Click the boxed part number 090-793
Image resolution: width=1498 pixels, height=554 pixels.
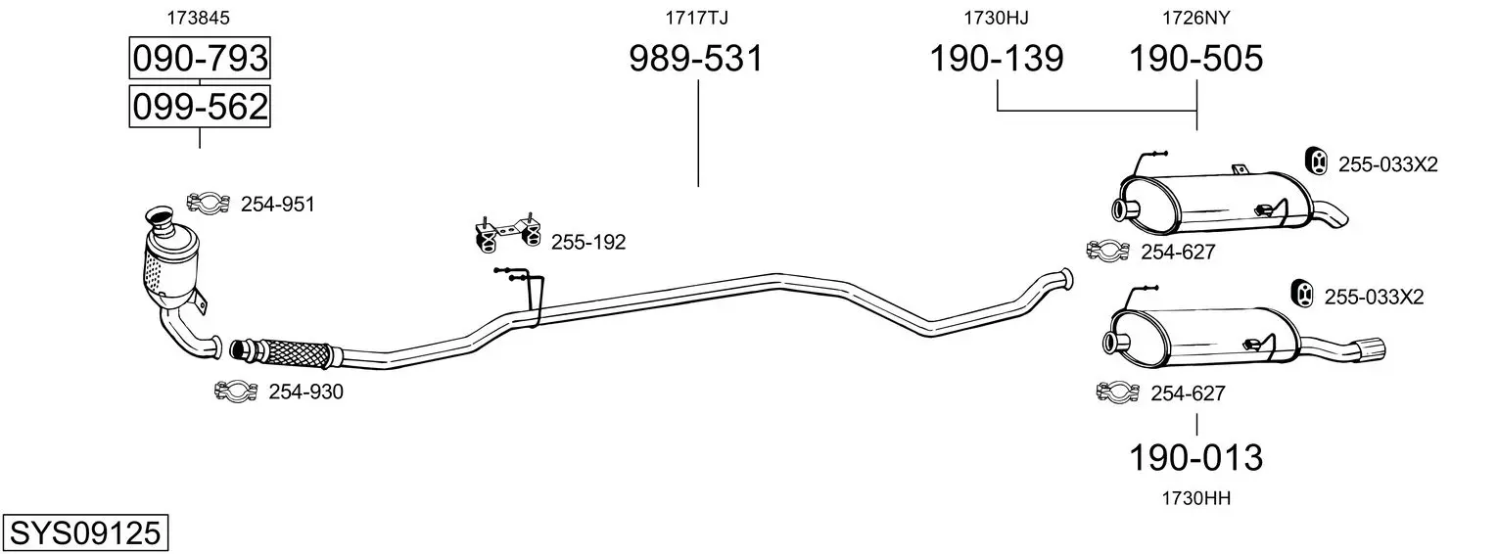pyautogui.click(x=200, y=58)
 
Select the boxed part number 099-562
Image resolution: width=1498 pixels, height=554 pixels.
pyautogui.click(x=200, y=107)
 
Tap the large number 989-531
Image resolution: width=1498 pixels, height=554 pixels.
pyautogui.click(x=696, y=59)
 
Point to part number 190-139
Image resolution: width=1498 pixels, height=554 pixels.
pyautogui.click(x=997, y=59)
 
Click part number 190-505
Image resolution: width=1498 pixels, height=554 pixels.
pyautogui.click(x=1195, y=59)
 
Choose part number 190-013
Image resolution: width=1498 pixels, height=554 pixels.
pyautogui.click(x=1195, y=458)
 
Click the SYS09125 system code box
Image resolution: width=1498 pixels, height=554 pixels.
pyautogui.click(x=85, y=533)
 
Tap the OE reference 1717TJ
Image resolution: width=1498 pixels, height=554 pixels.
pyautogui.click(x=696, y=18)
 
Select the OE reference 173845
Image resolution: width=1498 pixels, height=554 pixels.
pyautogui.click(x=198, y=18)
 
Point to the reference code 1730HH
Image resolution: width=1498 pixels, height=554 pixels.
pyautogui.click(x=1195, y=498)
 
